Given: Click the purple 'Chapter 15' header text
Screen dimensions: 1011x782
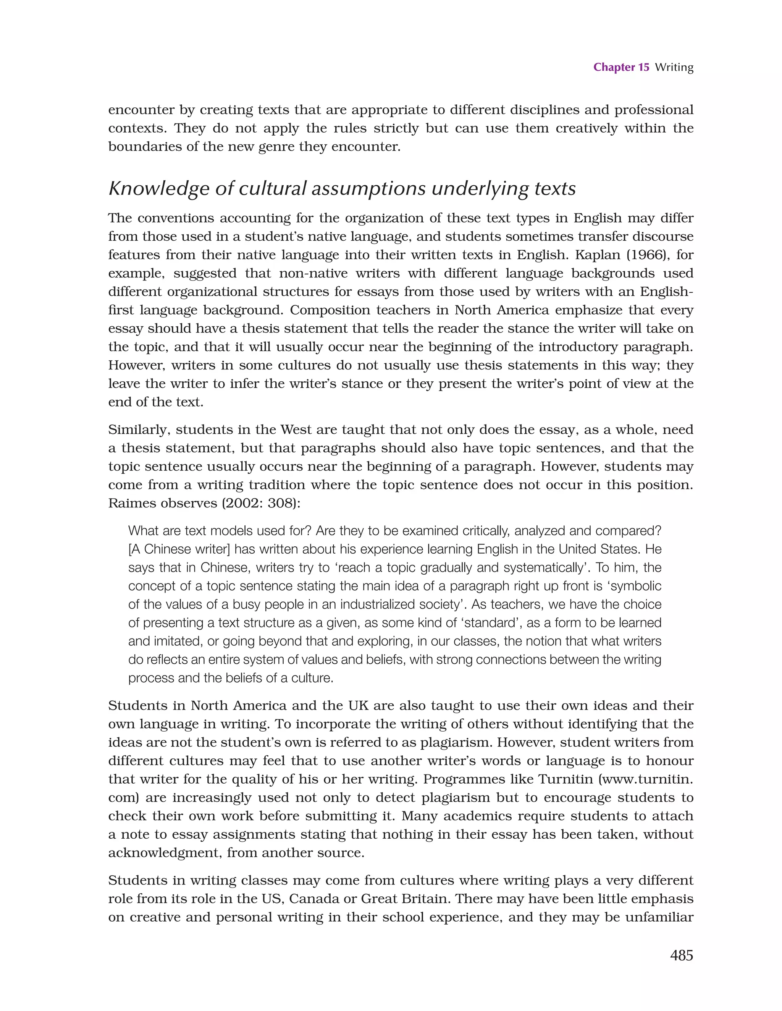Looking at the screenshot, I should (621, 68).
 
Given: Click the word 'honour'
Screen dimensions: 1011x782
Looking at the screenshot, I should (670, 761).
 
